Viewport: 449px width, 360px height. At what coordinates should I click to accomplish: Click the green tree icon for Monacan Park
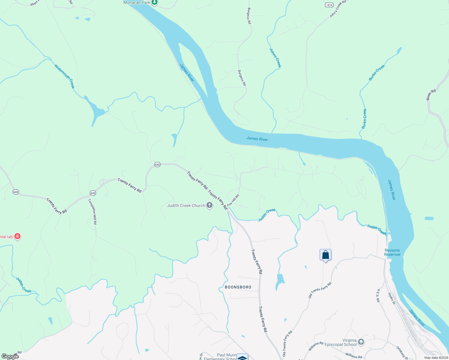coord(154,2)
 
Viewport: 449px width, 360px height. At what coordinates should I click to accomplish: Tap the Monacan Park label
coord(137,2)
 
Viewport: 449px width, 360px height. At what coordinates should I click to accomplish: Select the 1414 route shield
coord(329,5)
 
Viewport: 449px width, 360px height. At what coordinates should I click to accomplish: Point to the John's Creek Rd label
coord(338,9)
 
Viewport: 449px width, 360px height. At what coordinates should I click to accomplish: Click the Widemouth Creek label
coord(64,76)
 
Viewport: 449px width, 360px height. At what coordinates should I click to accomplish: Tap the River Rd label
coord(431,95)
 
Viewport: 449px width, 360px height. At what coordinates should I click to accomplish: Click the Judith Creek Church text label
coord(186,205)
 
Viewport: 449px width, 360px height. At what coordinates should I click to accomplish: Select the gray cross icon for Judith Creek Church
coord(209,205)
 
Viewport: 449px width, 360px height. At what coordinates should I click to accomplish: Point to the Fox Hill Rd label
coord(233,200)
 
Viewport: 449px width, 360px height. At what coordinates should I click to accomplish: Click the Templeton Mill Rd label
coord(93,211)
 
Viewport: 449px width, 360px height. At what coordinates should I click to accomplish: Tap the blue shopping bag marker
coord(325,255)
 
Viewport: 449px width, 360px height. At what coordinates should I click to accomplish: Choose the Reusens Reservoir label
coord(392,252)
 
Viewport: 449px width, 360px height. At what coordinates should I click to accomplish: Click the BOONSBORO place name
coord(238,287)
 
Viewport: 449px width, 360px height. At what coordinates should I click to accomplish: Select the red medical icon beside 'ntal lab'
coord(17,237)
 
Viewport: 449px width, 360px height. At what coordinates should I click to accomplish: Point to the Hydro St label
coord(392,298)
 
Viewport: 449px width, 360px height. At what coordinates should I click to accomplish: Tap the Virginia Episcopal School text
coord(341,342)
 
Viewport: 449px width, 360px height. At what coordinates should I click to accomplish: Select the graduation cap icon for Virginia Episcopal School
coord(361,342)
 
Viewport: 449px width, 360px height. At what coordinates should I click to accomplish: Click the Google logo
coord(10,356)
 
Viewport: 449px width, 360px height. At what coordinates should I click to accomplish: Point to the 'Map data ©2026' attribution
coord(436,358)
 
